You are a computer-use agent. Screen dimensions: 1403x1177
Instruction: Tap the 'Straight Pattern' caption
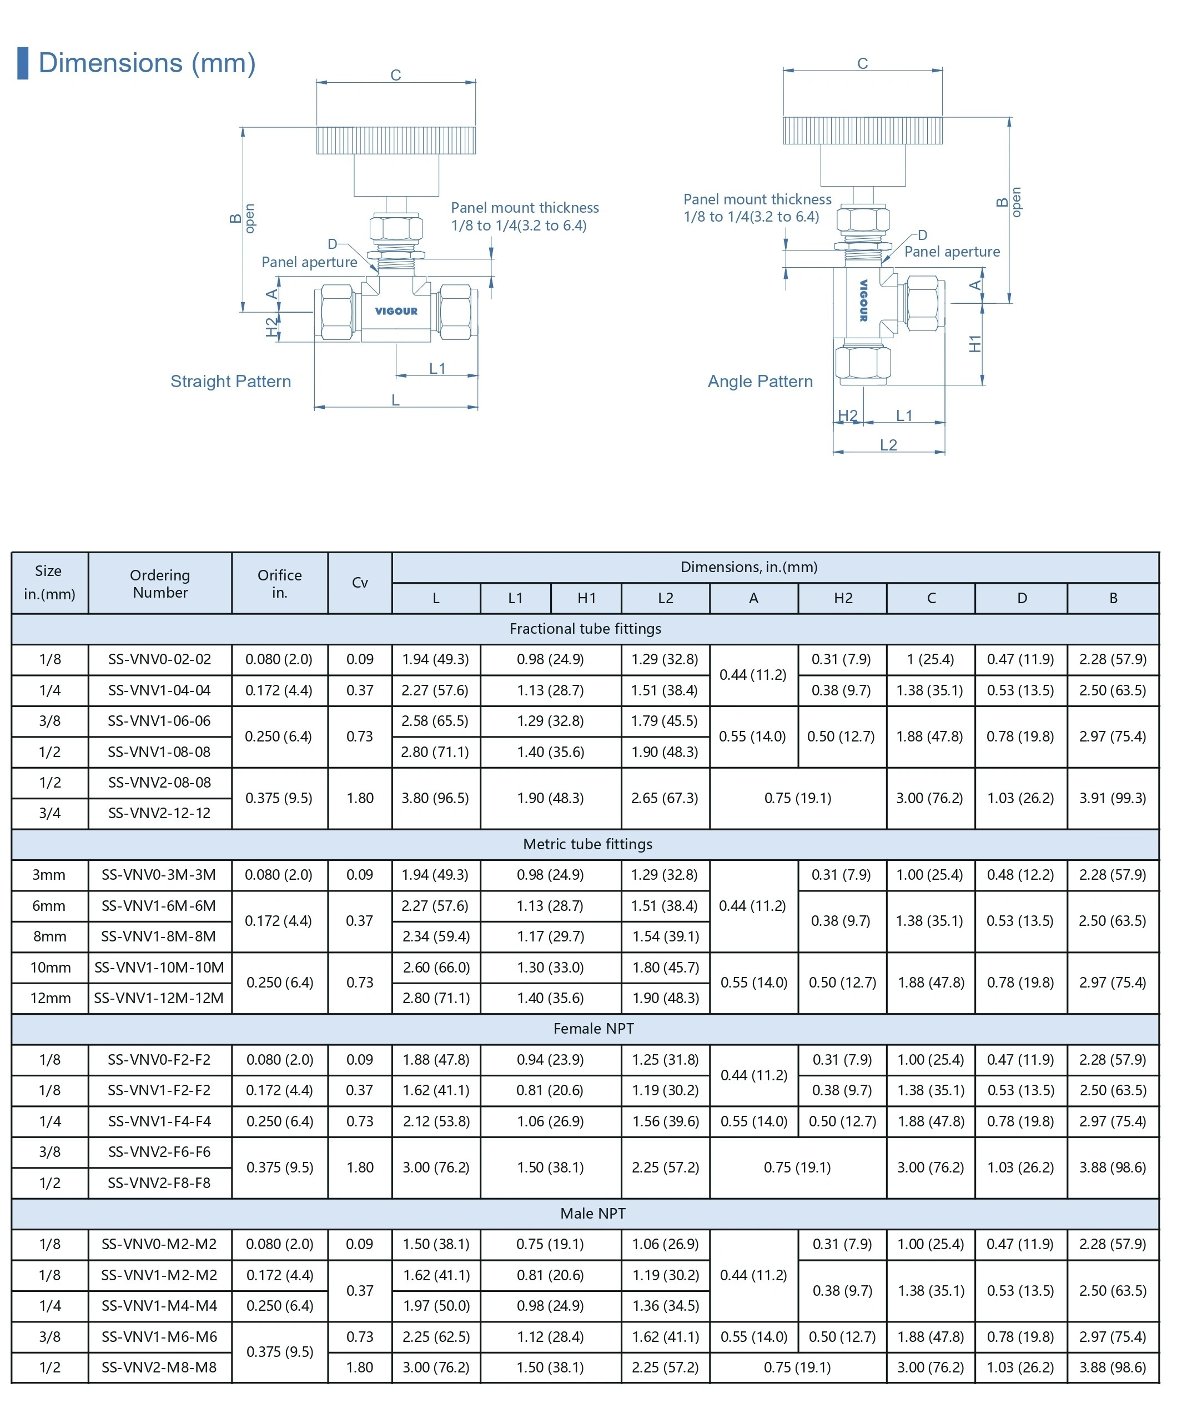point(230,382)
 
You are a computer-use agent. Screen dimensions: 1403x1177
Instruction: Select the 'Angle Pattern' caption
point(760,382)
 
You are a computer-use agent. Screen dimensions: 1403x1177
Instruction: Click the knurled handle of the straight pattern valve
point(395,141)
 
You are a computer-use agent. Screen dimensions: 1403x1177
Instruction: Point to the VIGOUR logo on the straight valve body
point(396,312)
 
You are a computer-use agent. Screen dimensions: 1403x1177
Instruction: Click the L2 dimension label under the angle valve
point(888,445)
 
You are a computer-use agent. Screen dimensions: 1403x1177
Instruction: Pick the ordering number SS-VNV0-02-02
point(160,659)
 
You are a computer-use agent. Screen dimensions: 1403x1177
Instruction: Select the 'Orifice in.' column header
point(279,583)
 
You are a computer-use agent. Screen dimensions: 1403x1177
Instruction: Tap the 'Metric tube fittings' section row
point(587,844)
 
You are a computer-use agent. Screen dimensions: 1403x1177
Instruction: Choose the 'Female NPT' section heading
point(593,1029)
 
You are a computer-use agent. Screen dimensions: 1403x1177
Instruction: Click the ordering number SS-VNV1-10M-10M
point(159,968)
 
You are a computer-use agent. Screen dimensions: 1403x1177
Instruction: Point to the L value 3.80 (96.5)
point(435,798)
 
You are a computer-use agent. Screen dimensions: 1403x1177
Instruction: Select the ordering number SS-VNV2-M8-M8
point(159,1367)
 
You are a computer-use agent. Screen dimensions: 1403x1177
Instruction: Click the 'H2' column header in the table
point(843,599)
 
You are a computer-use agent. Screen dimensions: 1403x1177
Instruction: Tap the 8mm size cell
point(49,936)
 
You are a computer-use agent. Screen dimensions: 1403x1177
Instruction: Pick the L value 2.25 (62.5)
point(435,1337)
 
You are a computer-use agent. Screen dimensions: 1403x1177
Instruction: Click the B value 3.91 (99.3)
point(1112,798)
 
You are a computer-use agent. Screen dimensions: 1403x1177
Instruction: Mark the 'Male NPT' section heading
point(592,1213)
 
